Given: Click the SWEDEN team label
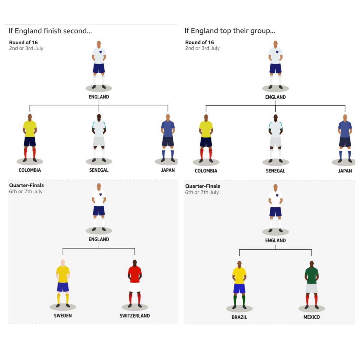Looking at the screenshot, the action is [x=63, y=316].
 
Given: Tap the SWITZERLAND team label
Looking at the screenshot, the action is [x=135, y=316].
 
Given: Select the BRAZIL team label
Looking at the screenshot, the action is [x=239, y=317].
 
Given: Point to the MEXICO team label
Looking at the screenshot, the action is [x=311, y=317].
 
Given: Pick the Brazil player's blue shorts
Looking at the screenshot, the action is [x=239, y=288].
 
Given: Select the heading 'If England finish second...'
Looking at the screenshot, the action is [x=50, y=31].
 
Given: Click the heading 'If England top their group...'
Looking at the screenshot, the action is [x=230, y=31].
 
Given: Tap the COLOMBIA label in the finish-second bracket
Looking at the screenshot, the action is [x=30, y=170].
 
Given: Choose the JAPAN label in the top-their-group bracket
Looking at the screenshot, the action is [x=345, y=171].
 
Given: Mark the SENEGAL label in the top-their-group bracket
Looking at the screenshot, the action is [x=275, y=171].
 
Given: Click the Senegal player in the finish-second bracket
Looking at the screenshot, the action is [x=99, y=136].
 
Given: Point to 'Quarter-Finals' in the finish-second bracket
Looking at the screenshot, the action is [x=26, y=185].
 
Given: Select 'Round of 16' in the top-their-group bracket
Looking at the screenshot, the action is [x=199, y=42].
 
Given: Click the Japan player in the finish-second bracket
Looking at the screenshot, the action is [x=168, y=136].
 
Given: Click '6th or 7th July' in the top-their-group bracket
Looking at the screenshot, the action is [x=202, y=192].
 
